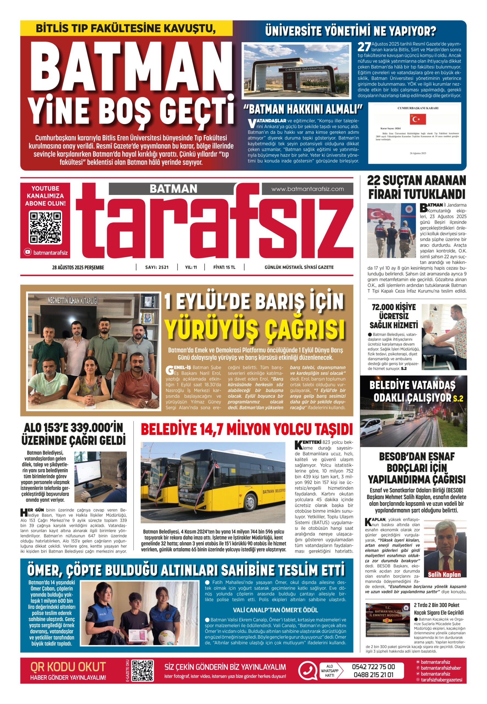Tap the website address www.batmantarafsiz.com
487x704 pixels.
(308, 189)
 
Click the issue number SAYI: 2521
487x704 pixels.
(157, 267)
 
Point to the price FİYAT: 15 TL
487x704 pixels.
(224, 267)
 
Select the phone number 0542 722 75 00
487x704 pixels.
(373, 667)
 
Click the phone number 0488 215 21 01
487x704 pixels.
(373, 675)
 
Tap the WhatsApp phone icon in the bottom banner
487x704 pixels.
(307, 671)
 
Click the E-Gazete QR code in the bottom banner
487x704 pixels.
(142, 671)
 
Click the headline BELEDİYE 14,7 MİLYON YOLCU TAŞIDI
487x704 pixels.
(247, 430)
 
